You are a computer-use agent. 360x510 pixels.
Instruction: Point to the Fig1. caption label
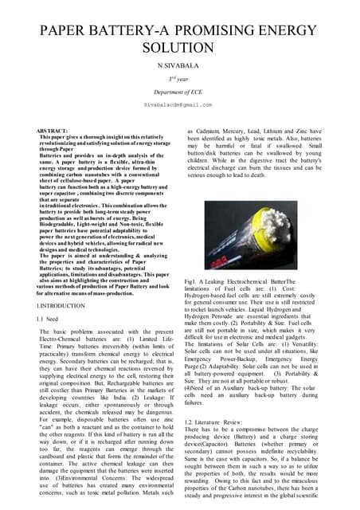tap(191, 282)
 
